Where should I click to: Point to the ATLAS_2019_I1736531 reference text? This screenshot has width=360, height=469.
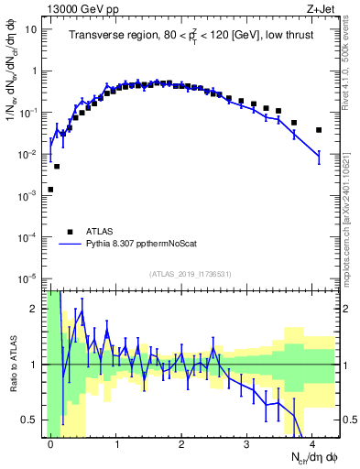[190, 274]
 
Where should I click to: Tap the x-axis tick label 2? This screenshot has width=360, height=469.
[181, 443]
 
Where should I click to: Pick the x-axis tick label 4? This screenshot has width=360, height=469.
[312, 443]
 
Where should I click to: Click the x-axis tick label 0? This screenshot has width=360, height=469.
[50, 443]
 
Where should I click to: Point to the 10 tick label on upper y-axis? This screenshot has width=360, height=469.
[30, 29]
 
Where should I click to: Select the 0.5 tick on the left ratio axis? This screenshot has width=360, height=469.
[29, 420]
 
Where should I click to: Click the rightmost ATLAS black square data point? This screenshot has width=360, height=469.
[319, 130]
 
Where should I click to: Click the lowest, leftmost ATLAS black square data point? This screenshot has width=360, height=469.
[50, 190]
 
